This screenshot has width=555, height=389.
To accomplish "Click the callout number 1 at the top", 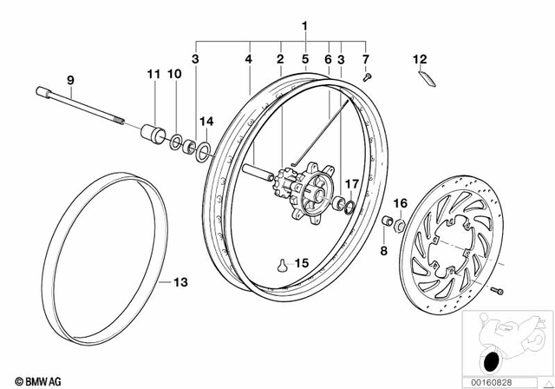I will click(304, 27).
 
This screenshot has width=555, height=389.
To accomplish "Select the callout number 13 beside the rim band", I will click(180, 282).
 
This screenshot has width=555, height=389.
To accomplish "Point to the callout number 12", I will click(420, 60).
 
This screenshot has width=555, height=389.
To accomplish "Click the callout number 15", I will click(300, 261).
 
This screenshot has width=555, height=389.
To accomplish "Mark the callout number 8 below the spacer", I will click(383, 250).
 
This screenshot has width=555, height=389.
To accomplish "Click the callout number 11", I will click(153, 76).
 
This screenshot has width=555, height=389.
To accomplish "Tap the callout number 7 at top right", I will click(365, 60).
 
